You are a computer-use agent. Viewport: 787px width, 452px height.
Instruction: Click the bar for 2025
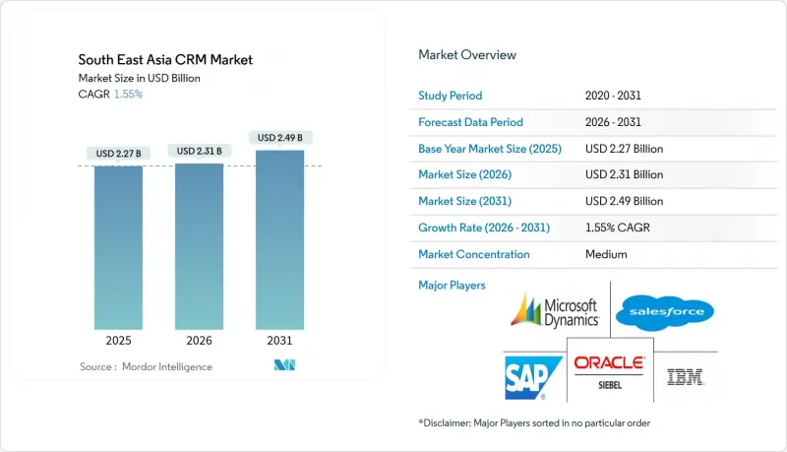[118, 249]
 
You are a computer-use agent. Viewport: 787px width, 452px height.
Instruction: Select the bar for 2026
[199, 247]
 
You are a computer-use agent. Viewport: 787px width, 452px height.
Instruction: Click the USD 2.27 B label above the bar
[118, 153]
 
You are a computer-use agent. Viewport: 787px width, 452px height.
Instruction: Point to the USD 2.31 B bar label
[199, 151]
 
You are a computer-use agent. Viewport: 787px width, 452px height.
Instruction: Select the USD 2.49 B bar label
[279, 138]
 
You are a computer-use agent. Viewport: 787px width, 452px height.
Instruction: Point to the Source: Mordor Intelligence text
[146, 367]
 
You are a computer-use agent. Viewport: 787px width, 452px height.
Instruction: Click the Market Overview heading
[467, 55]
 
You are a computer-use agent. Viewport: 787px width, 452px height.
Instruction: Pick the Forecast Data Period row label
[470, 122]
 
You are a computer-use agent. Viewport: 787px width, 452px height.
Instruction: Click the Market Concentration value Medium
[605, 254]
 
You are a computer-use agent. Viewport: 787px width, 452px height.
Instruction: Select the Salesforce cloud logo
[664, 313]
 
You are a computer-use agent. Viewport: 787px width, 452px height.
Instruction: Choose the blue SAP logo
[532, 374]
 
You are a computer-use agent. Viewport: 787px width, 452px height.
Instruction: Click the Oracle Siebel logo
[609, 369]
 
